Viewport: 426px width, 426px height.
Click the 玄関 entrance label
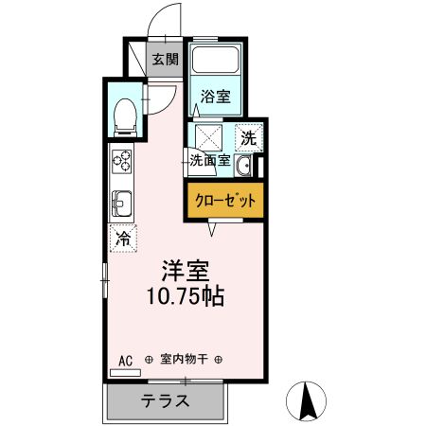pos(165,59)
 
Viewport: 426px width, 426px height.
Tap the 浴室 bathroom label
pos(215,96)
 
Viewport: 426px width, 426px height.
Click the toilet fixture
pos(124,115)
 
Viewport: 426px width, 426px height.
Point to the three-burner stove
pos(123,164)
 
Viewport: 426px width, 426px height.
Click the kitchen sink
pos(123,203)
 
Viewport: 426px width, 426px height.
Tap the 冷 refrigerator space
pos(123,238)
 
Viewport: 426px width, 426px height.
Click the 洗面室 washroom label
pos(209,160)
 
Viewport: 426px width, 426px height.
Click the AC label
pos(126,359)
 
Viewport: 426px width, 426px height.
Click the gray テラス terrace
pos(166,399)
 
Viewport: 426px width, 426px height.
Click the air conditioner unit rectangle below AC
pos(125,373)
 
